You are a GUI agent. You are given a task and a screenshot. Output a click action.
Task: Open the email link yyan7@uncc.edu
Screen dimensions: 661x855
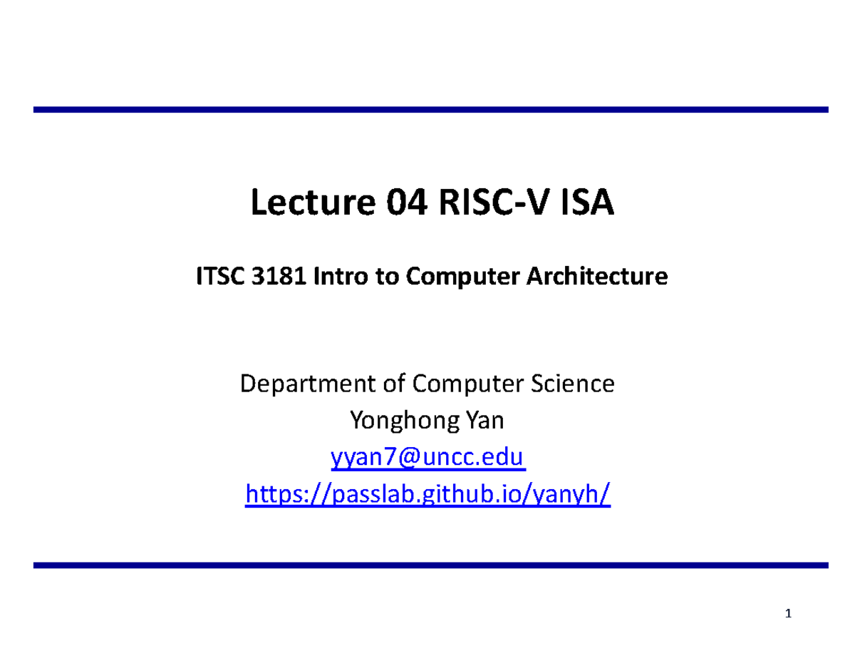427,457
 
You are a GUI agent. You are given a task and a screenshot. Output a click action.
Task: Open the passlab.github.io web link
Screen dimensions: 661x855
427,493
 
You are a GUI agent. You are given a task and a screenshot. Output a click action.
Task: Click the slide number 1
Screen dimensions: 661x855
789,614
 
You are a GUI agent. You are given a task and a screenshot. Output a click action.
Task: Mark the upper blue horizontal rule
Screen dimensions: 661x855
430,110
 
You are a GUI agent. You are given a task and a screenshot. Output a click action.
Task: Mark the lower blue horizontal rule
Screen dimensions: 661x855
430,565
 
